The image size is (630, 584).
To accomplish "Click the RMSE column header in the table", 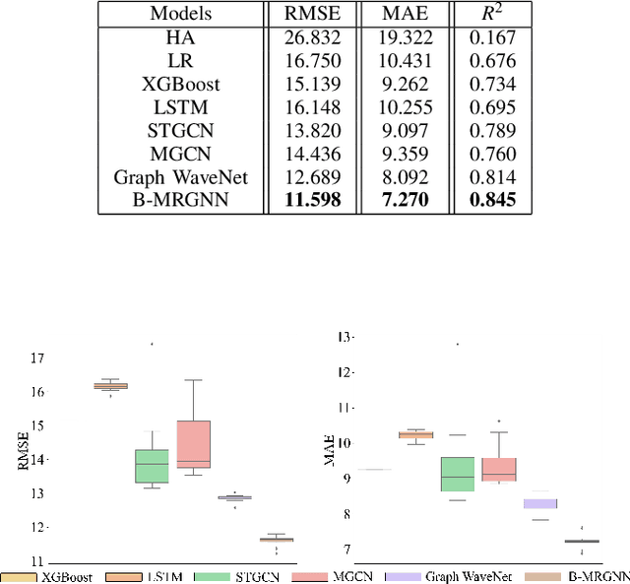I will (312, 15).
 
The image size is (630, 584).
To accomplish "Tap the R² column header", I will (478, 15).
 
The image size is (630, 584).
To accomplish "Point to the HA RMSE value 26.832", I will (312, 37).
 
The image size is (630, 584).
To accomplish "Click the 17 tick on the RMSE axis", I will (38, 358).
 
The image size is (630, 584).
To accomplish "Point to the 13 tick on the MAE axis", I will (344, 338).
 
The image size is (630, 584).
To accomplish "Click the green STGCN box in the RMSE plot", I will (151, 465).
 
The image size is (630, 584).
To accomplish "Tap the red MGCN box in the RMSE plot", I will (193, 444).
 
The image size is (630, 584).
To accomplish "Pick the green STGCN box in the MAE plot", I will (457, 474).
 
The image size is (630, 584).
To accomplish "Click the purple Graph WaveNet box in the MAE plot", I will (540, 503).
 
